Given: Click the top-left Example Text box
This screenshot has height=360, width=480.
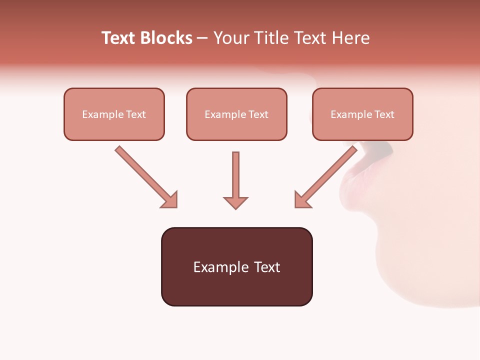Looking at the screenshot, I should coord(114,114).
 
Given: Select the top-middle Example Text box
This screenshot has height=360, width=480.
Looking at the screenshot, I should coord(236,114).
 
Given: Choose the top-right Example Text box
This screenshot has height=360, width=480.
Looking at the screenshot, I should coord(362,114).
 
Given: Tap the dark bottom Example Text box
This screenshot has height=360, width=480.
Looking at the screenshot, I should coord(236,266).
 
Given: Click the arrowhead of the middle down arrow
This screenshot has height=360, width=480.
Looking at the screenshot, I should coord(235,202).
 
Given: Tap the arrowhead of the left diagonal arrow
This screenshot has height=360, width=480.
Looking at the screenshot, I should coord(170,200).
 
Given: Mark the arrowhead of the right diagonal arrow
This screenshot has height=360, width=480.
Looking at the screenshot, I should coord(302,200).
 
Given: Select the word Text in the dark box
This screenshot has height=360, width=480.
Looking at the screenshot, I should coord(267,267).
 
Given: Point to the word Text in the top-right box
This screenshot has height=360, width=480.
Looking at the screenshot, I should coord(384,114).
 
